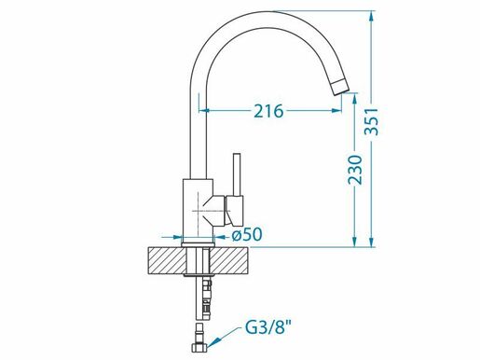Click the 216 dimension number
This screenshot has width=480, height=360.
tap(268, 111)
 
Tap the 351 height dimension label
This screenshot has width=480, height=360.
tap(372, 122)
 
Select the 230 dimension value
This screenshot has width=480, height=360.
tap(355, 170)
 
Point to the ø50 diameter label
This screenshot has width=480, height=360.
tap(247, 235)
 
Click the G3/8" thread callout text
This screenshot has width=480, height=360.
tap(269, 327)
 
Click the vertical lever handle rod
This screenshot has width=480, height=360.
tap(237, 174)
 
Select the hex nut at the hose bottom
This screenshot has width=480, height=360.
tap(199, 347)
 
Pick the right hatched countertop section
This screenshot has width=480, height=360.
tap(229, 260)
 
